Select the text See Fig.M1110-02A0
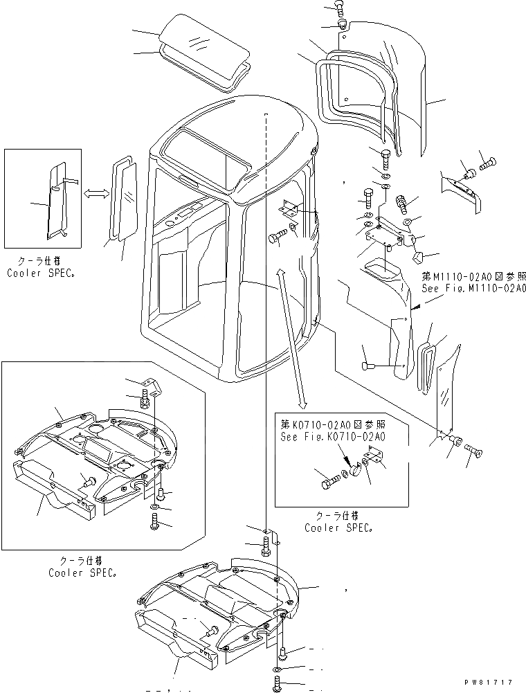click(473, 288)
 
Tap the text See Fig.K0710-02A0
click(333, 437)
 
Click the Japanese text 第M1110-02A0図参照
click(473, 276)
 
